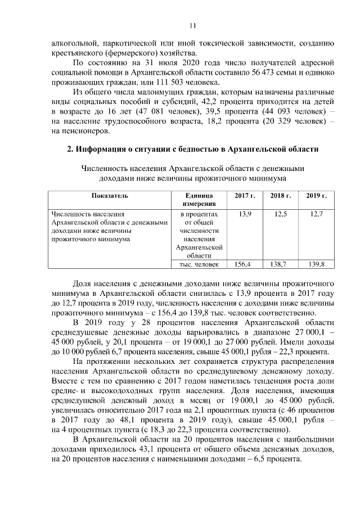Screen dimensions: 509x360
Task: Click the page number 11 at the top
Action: tap(192, 25)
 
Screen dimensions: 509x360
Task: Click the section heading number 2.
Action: tap(70, 149)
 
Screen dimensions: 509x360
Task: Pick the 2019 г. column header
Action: tap(317, 196)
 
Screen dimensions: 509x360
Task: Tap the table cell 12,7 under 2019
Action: tap(317, 214)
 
